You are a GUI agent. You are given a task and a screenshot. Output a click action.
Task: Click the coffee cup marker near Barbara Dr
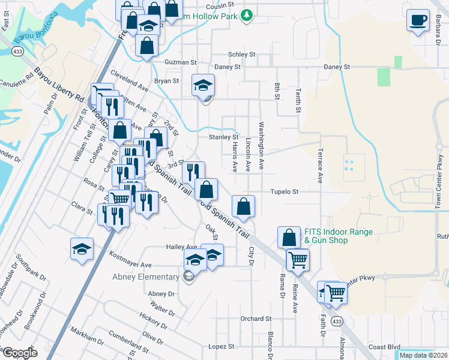pos(418,20)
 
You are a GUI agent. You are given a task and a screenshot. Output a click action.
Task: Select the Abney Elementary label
pos(146,277)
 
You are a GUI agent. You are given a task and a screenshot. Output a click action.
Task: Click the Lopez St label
pos(221,347)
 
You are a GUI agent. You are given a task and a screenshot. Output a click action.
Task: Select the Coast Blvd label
pos(384,347)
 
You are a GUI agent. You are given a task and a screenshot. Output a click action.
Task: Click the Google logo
pos(20,353)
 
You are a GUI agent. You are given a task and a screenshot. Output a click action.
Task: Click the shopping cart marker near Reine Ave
pos(298,260)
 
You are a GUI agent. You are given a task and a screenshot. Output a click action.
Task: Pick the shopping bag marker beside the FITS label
pos(289,236)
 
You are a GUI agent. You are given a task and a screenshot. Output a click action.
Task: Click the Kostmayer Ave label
pos(130,265)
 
